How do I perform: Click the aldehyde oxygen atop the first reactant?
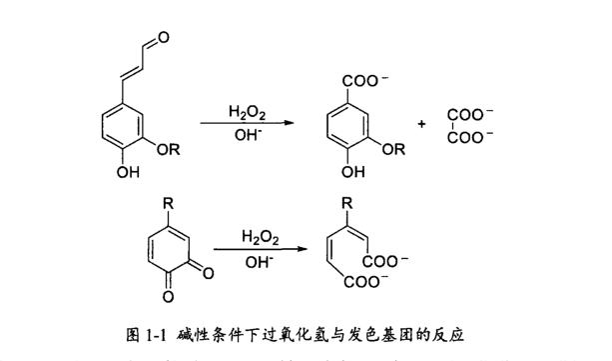point(163,39)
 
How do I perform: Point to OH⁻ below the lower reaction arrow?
point(259,262)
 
